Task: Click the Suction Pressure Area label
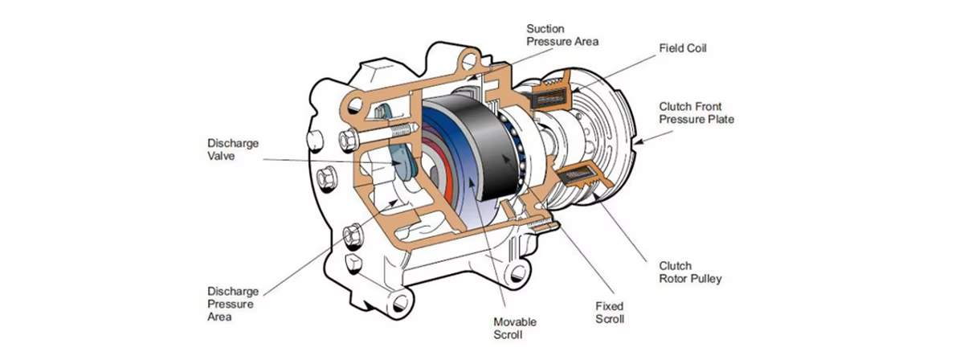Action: click(x=562, y=34)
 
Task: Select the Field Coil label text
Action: click(x=682, y=48)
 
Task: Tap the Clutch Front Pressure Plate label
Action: click(x=696, y=112)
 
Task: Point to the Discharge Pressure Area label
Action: click(x=232, y=303)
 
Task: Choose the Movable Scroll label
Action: click(x=514, y=328)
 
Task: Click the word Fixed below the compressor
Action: click(x=609, y=305)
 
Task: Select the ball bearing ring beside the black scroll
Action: click(x=515, y=145)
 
